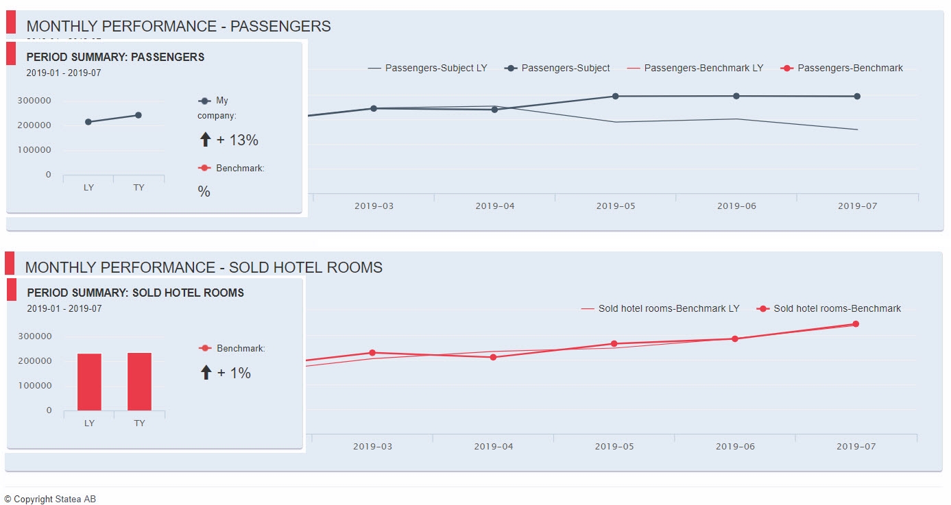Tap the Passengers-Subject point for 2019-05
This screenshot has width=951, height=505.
pyautogui.click(x=615, y=97)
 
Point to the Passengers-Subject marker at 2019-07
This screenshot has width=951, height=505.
pyautogui.click(x=857, y=97)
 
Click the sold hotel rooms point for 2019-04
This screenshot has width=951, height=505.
pyautogui.click(x=493, y=357)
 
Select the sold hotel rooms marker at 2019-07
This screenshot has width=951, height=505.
pyautogui.click(x=856, y=324)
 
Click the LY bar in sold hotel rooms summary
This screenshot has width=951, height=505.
pyautogui.click(x=89, y=382)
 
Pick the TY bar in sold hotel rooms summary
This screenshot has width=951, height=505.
pyautogui.click(x=139, y=381)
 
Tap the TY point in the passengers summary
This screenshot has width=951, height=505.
pyautogui.click(x=139, y=115)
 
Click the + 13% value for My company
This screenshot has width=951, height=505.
pyautogui.click(x=237, y=140)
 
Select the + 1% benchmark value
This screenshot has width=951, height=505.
pyautogui.click(x=234, y=373)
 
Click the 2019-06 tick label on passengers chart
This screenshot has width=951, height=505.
pyautogui.click(x=736, y=206)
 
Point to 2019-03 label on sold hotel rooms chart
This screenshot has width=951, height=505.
pyautogui.click(x=373, y=447)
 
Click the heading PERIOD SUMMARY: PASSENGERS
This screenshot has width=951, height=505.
pyautogui.click(x=115, y=58)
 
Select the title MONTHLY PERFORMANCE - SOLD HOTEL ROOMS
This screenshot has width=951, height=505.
pyautogui.click(x=204, y=268)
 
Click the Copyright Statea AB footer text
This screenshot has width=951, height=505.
pyautogui.click(x=50, y=500)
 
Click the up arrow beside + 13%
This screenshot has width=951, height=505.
pyautogui.click(x=205, y=140)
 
